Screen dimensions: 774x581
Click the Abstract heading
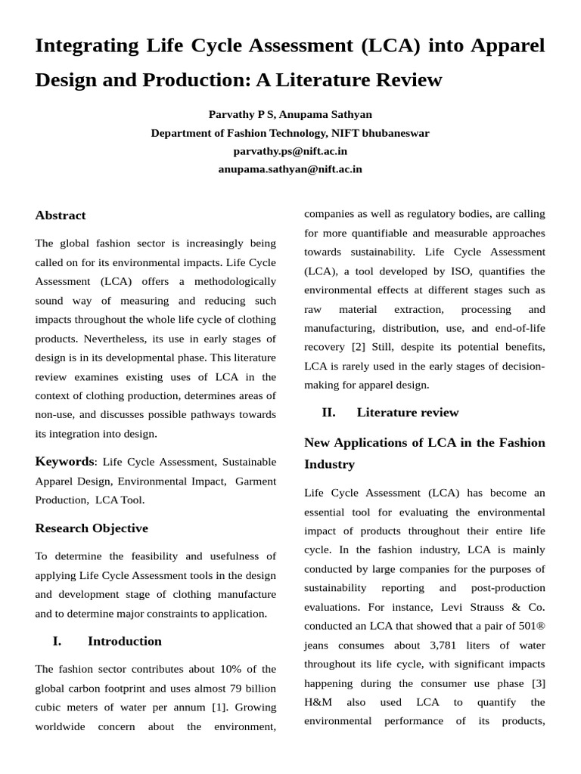coord(61,215)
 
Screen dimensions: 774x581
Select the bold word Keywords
coord(64,461)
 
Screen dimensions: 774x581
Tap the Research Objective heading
coord(92,528)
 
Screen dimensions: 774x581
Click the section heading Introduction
coord(125,641)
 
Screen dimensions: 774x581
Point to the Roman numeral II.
coord(328,412)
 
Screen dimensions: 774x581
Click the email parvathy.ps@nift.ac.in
coord(290,151)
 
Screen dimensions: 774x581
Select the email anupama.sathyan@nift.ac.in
coord(290,169)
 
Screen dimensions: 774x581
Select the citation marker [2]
coord(358,347)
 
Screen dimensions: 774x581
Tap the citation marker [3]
coord(538,683)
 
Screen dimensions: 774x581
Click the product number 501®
coord(530,626)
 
